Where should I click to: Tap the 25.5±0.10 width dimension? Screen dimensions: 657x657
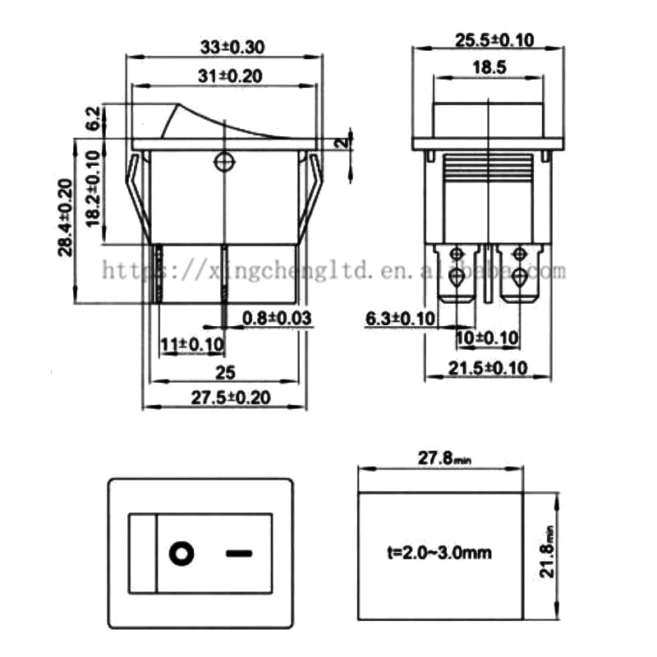click(488, 39)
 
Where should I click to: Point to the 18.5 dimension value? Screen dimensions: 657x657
click(488, 68)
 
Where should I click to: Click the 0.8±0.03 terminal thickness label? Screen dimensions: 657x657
click(277, 318)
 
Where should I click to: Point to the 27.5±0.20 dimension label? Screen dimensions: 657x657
click(231, 397)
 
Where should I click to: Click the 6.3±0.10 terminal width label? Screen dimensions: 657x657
click(399, 318)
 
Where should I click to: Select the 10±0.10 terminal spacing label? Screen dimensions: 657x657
click(488, 338)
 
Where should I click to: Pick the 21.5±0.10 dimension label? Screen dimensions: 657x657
click(488, 367)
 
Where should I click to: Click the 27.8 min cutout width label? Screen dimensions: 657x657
click(442, 457)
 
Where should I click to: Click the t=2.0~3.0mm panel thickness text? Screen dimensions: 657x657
click(439, 553)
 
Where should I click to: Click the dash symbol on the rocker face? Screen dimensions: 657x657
click(237, 553)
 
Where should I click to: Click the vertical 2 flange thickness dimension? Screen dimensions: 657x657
click(339, 142)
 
